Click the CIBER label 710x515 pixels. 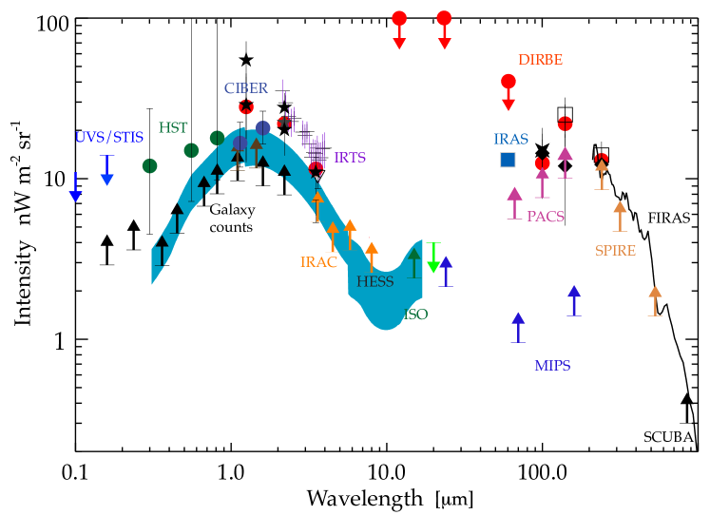tap(245, 88)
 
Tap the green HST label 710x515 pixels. tap(173, 127)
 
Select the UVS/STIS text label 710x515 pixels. tap(109, 137)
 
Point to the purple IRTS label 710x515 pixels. tap(350, 158)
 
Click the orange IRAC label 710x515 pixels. tap(318, 262)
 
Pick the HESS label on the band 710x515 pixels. tap(374, 281)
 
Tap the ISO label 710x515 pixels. tap(415, 315)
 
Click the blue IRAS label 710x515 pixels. tap(510, 140)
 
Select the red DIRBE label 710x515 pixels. tap(540, 60)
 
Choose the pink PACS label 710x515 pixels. tap(546, 217)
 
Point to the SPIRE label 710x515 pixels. tap(615, 251)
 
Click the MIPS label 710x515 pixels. tap(552, 366)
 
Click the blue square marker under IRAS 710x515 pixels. tap(508, 160)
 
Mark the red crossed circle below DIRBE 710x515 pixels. tap(565, 124)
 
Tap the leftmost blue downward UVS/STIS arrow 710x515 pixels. tap(75, 187)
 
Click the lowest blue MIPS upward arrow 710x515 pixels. tap(518, 327)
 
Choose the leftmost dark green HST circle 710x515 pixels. tap(149, 166)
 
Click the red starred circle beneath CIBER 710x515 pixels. tap(246, 107)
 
